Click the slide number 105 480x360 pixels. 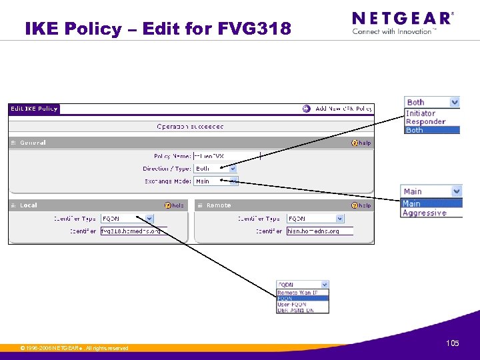pos(453,343)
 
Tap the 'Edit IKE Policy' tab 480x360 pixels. pos(34,109)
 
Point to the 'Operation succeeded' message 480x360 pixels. pos(190,126)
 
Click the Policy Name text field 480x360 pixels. pos(227,156)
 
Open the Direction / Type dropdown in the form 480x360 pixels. pos(215,169)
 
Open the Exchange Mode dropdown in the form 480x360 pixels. pos(215,181)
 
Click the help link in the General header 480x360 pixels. pos(362,143)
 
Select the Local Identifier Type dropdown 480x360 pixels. pos(127,218)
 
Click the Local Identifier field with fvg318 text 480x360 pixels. pos(131,231)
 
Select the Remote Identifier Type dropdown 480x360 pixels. pos(315,218)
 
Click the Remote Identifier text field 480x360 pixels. pos(319,231)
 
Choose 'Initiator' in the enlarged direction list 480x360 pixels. pos(421,113)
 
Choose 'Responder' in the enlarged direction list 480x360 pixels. pos(425,121)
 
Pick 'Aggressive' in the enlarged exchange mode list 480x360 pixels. pos(425,213)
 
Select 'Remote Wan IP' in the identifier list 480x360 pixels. pos(297,293)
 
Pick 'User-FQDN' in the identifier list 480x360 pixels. pos(292,304)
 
